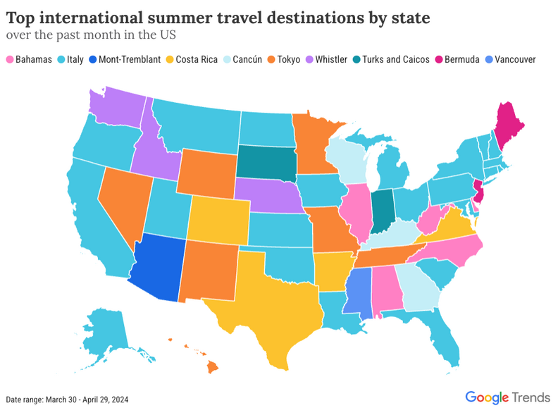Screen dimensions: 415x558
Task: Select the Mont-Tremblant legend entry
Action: coord(126,59)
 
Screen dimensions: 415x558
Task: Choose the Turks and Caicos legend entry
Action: coord(394,59)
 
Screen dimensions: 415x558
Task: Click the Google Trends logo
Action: coord(507,397)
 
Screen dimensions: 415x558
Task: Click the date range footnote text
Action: coord(67,399)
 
